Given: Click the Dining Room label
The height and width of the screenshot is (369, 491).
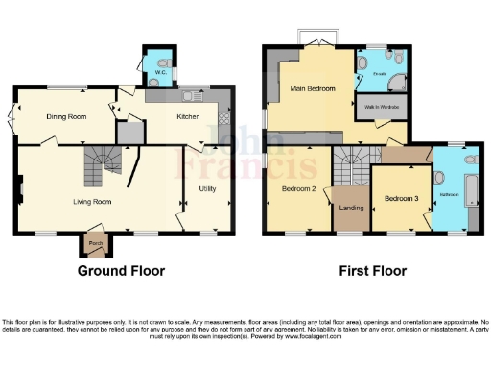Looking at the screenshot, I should coord(66,116).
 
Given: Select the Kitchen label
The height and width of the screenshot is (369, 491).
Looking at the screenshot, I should coord(188,117).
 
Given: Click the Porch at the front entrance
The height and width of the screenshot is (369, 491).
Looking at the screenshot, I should coord(95,243).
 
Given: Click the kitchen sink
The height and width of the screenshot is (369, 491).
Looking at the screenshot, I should coord(189,96).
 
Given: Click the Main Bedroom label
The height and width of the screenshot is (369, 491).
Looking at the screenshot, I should coord(313,89).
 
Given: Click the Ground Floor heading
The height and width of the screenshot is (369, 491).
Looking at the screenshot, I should coord(121,271).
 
